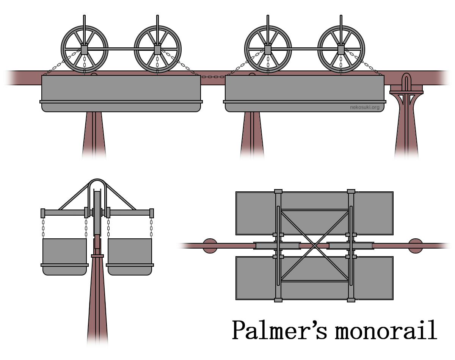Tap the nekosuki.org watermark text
(x=364, y=107)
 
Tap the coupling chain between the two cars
(x=213, y=77)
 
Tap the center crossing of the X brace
(x=314, y=246)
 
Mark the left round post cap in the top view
(x=210, y=246)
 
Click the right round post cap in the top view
(x=415, y=246)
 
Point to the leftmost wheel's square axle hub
(x=84, y=49)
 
